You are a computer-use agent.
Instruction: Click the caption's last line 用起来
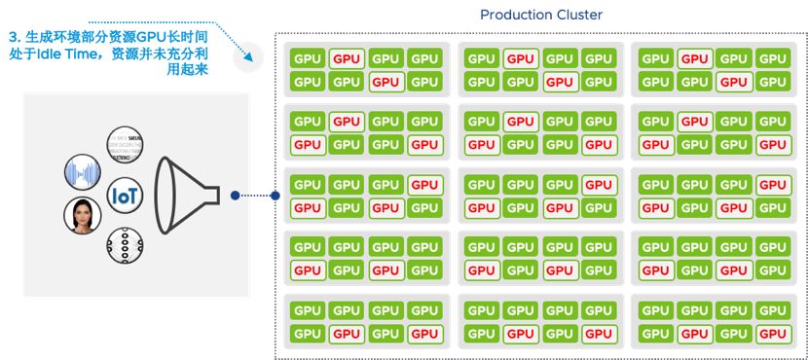tap(186, 70)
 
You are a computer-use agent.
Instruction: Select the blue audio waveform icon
tap(82, 173)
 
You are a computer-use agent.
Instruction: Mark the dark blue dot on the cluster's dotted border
tap(275, 196)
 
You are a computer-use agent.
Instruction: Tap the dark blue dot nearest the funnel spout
tap(235, 196)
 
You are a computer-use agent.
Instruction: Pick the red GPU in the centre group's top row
tap(599, 185)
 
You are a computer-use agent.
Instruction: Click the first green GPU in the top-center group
tap(482, 58)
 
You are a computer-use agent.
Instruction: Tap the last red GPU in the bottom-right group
tap(773, 334)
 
